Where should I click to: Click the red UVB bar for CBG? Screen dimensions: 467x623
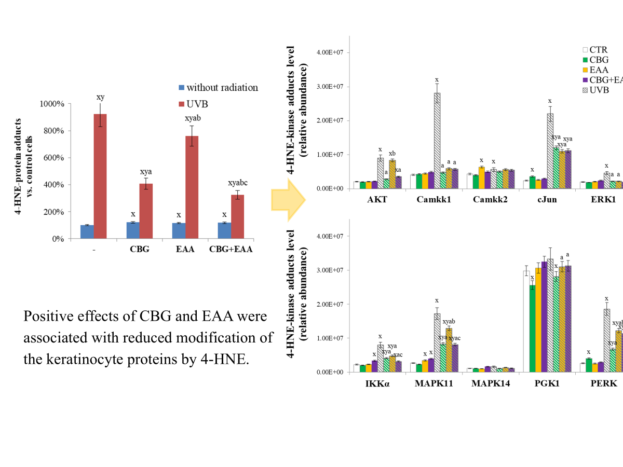click(x=146, y=211)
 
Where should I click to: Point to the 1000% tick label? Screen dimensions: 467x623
click(x=52, y=104)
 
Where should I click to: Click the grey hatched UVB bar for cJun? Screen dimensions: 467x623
click(x=550, y=150)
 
